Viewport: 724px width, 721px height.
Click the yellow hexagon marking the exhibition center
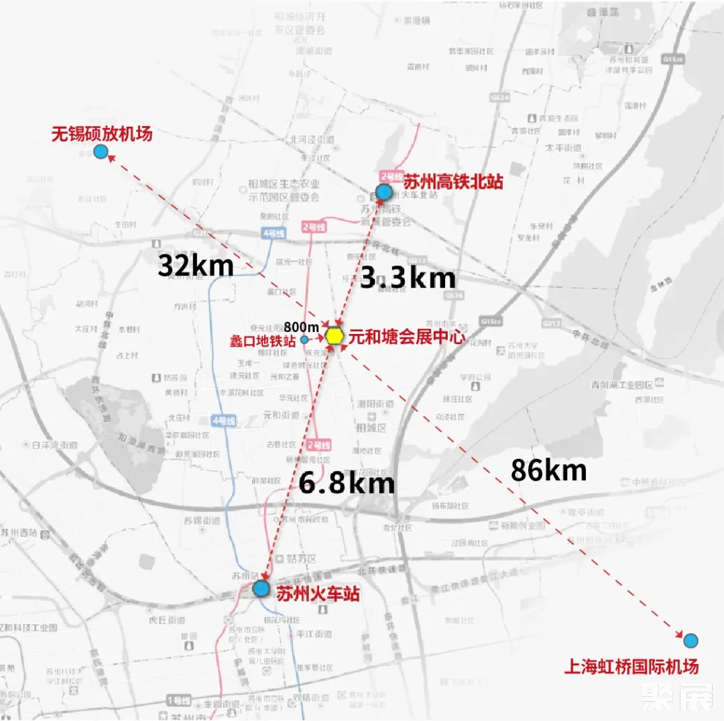click(x=335, y=335)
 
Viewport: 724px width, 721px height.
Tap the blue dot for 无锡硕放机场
click(x=101, y=152)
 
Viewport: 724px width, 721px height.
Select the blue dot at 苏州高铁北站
click(x=383, y=192)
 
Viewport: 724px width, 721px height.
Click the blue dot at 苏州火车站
click(x=261, y=589)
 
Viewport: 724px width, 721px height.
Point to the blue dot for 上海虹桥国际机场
click(x=690, y=640)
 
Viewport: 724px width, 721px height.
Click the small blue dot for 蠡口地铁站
click(x=304, y=339)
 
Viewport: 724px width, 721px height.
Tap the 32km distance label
click(x=195, y=266)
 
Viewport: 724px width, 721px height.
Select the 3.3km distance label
click(x=408, y=277)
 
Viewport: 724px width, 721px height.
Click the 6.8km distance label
click(x=347, y=483)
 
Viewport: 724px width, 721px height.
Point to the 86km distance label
click(x=548, y=470)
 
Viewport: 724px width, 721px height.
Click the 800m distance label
click(x=300, y=327)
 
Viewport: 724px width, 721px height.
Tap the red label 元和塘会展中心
click(x=406, y=337)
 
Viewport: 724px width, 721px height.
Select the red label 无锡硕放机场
click(x=102, y=133)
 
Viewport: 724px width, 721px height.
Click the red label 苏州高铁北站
click(x=453, y=182)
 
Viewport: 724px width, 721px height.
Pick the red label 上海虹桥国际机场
click(x=631, y=667)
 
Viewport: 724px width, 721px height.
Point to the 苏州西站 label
click(x=20, y=534)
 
